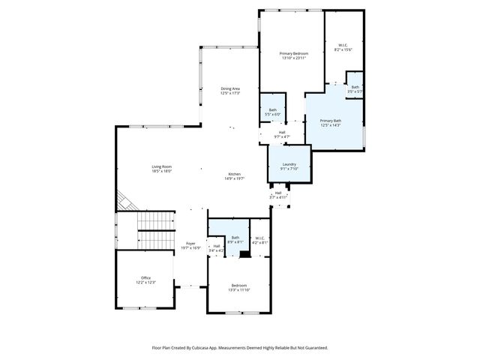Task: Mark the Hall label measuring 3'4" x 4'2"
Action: coord(217,248)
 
